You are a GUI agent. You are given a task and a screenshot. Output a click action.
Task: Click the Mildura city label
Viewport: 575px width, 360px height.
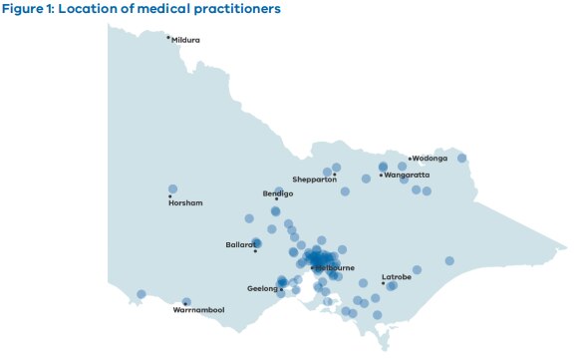(186, 40)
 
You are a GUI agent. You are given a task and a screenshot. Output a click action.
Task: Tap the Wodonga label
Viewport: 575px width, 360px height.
(431, 158)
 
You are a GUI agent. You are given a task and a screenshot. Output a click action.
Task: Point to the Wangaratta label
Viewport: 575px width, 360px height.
(407, 175)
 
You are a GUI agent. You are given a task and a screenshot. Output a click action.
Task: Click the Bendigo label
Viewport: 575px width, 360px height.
(278, 193)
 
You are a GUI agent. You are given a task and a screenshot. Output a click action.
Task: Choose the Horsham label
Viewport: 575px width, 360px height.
(185, 203)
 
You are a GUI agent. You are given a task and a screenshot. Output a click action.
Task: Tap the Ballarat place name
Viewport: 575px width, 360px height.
(241, 243)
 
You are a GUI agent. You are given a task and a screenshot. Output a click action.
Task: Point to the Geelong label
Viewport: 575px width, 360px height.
(262, 288)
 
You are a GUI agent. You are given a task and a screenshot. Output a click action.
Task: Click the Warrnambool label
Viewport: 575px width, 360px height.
(198, 310)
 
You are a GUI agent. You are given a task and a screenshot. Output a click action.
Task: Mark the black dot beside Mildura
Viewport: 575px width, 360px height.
(168, 37)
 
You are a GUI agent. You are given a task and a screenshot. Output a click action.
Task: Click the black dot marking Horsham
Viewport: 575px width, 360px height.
(170, 196)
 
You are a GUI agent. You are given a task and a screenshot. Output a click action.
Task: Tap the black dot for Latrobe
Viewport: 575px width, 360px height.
(383, 283)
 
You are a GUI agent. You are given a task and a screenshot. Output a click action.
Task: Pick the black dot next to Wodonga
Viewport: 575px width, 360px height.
(410, 158)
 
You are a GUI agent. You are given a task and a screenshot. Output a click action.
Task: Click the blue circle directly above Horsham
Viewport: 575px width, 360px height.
(172, 188)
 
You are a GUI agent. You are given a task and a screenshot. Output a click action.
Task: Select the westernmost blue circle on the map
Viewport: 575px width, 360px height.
(142, 294)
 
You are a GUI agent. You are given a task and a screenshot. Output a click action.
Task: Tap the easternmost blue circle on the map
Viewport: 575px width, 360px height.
(462, 158)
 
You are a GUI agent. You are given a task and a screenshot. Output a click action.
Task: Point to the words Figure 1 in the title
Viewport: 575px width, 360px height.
(30, 9)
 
